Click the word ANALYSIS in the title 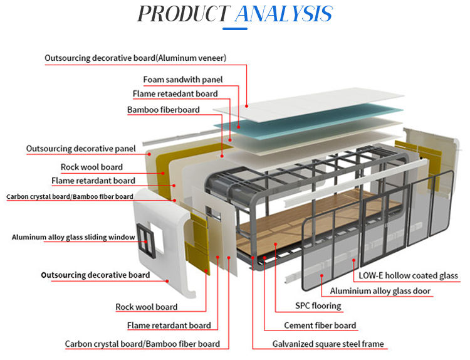(283, 14)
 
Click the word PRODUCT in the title (182, 14)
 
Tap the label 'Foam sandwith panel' (183, 80)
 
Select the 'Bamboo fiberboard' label (164, 110)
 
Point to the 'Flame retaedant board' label (175, 94)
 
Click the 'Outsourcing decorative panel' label (81, 149)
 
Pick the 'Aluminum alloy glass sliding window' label (73, 237)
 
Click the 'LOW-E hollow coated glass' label (408, 275)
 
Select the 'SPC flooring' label (318, 306)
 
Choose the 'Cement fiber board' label (320, 326)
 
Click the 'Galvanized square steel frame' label (328, 344)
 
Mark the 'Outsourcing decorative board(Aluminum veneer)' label (135, 58)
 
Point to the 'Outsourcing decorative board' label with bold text (95, 275)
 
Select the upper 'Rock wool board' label (91, 167)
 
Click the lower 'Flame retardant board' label (169, 326)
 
